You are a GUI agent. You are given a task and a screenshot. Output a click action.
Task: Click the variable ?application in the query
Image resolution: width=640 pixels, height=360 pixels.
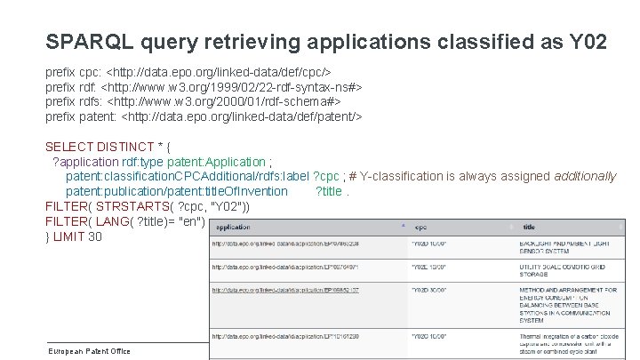87,162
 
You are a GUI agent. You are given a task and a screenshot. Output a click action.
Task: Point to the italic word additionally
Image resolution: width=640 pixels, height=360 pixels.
585,176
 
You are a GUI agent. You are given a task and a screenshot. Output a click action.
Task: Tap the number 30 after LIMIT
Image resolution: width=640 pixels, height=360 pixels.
95,236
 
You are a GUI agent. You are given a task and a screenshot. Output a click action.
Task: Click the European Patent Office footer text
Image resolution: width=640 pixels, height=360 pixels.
89,350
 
